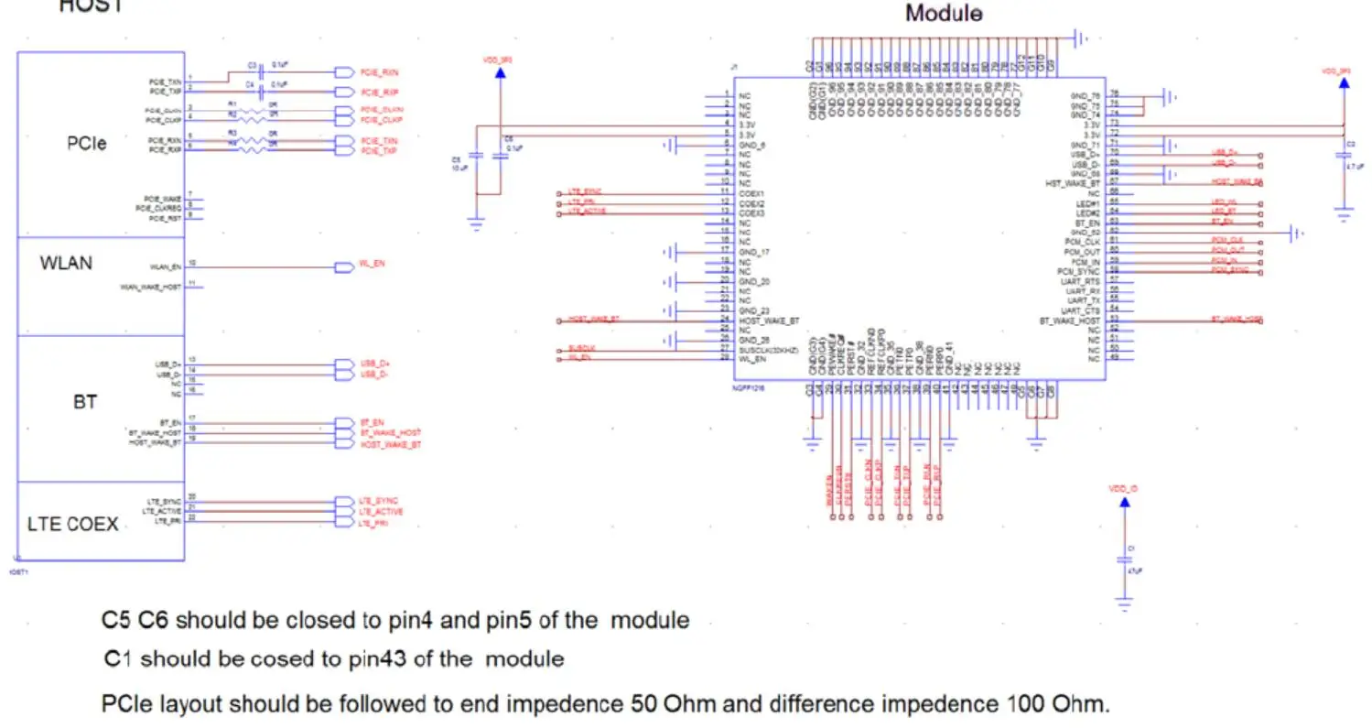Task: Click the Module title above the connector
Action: click(x=944, y=14)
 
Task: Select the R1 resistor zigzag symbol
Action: click(x=257, y=110)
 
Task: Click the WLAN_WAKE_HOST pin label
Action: click(x=150, y=288)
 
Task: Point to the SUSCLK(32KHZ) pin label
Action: click(x=772, y=351)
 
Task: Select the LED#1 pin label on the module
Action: click(x=1088, y=202)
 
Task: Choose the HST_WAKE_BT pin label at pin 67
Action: click(x=1073, y=183)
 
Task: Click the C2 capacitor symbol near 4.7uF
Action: click(x=1343, y=157)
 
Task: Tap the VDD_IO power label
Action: click(x=1123, y=488)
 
